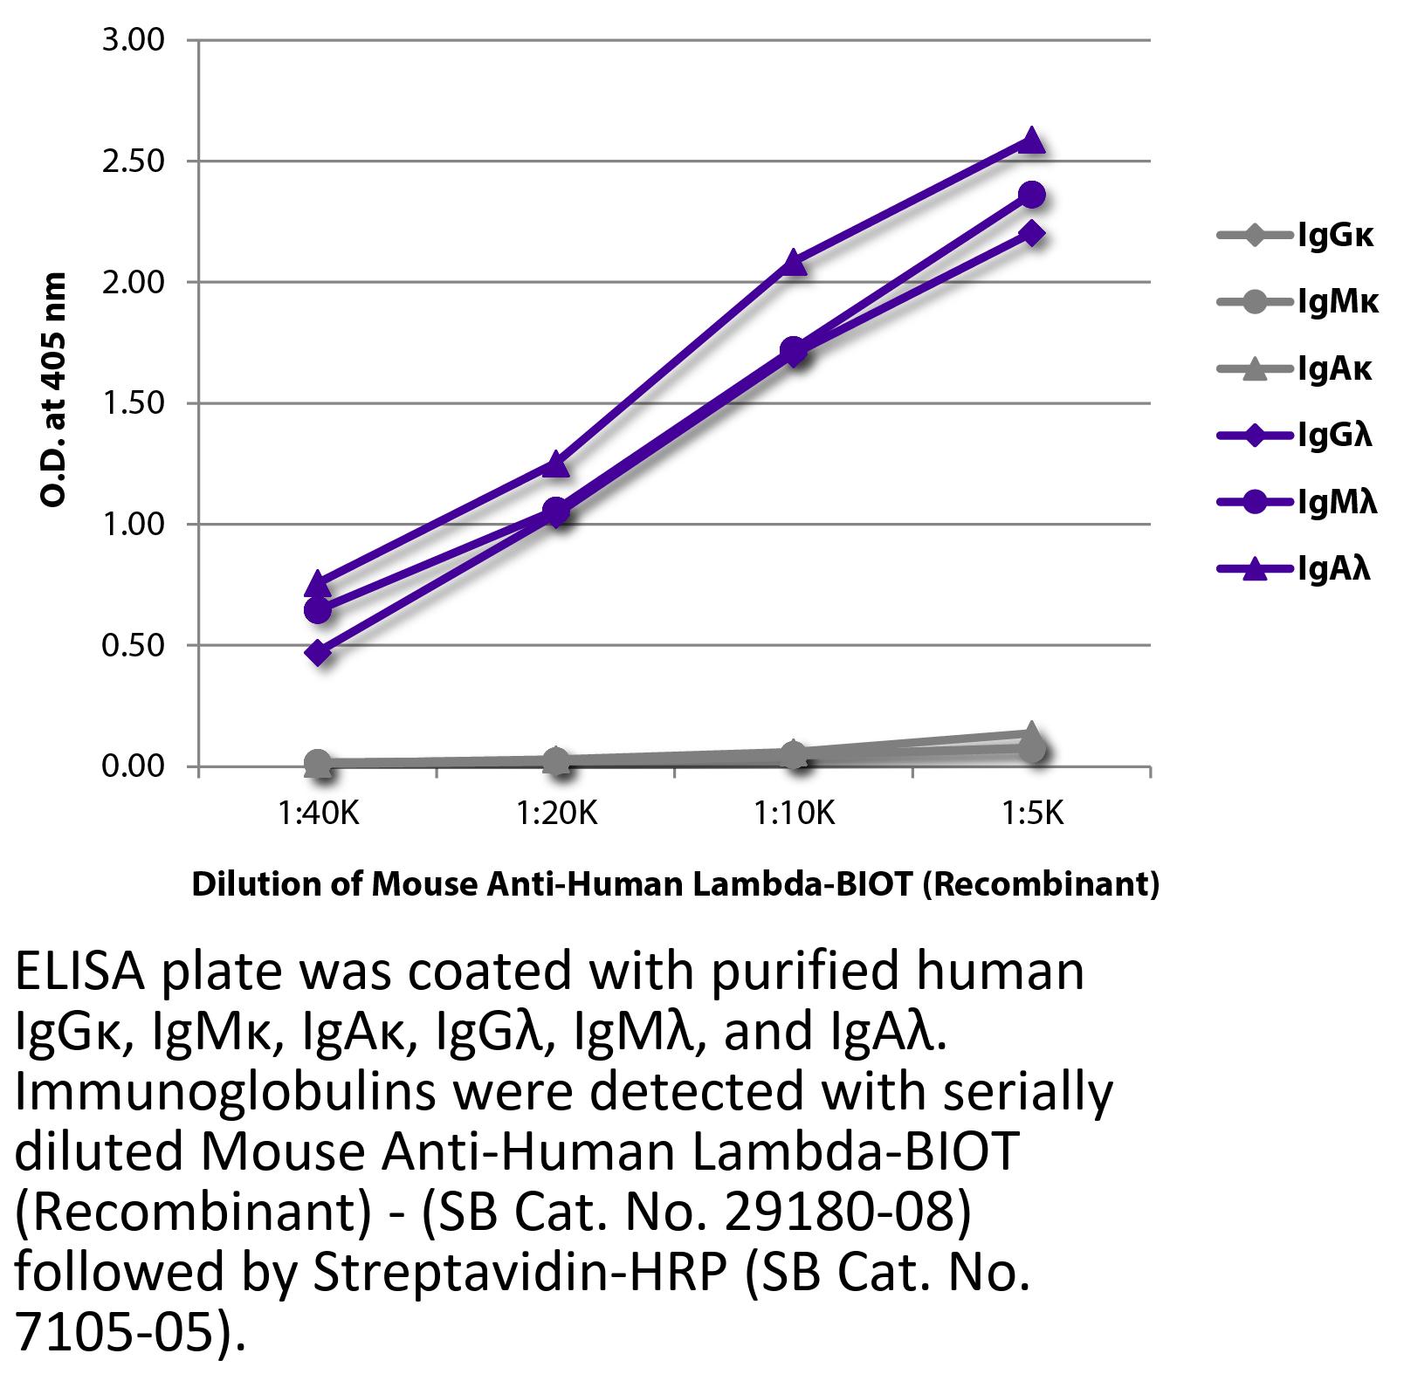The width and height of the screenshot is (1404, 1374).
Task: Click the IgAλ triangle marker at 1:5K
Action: point(1032,140)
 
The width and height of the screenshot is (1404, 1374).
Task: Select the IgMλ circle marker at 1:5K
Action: point(1032,195)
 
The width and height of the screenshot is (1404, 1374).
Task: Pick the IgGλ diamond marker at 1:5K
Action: point(1032,233)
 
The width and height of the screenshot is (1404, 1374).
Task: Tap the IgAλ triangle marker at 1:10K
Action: point(794,261)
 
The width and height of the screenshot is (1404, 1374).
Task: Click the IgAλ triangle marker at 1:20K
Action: point(556,464)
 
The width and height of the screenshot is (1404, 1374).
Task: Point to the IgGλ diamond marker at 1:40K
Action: point(319,652)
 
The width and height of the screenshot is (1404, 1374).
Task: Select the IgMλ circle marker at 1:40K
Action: point(318,609)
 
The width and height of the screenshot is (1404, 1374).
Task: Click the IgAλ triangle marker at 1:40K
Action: point(319,583)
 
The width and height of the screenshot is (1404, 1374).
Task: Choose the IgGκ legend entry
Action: point(1297,236)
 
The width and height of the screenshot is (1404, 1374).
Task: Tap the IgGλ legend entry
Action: point(1297,436)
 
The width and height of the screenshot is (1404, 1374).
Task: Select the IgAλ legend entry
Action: point(1296,569)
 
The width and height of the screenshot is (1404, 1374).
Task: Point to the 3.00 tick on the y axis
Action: point(134,40)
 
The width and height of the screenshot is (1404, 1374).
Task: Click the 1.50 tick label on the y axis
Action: point(134,403)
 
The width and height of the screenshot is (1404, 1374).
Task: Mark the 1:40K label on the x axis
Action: point(319,814)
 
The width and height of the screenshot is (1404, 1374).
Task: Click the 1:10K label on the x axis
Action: point(794,814)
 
